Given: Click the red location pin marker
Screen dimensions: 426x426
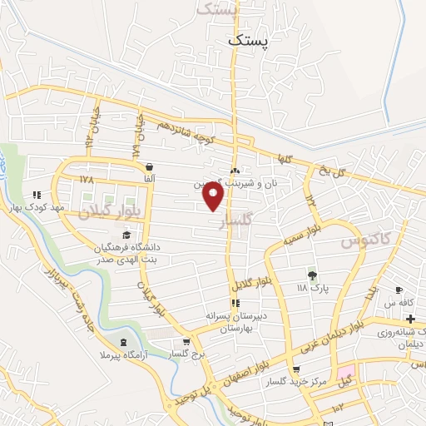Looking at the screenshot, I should (214, 196).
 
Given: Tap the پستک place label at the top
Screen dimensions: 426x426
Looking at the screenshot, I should (250, 39).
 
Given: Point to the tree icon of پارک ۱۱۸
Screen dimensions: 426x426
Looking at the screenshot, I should (313, 275).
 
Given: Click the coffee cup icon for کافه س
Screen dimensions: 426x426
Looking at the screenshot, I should (399, 290).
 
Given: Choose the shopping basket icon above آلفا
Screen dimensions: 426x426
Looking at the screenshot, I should (148, 166).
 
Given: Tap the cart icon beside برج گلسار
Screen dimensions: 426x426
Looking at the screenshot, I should (186, 340).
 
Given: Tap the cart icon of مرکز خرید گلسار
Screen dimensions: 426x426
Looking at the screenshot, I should (296, 369).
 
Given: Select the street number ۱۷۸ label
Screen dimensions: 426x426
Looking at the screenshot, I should (87, 179).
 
